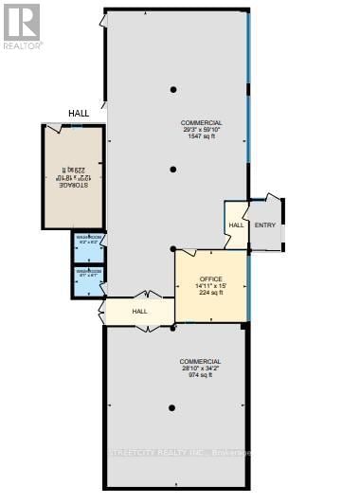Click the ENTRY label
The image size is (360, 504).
(x=264, y=225)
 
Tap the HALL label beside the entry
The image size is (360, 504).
(x=236, y=225)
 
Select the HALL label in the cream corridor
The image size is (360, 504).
(x=140, y=311)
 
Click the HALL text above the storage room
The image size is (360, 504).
(x=79, y=114)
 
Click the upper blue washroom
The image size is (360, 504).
(x=89, y=244)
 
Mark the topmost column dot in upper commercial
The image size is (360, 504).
(x=172, y=90)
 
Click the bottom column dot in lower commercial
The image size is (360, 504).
(x=172, y=408)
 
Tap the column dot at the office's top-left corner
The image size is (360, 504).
(x=172, y=249)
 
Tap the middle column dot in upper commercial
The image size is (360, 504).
(x=172, y=170)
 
